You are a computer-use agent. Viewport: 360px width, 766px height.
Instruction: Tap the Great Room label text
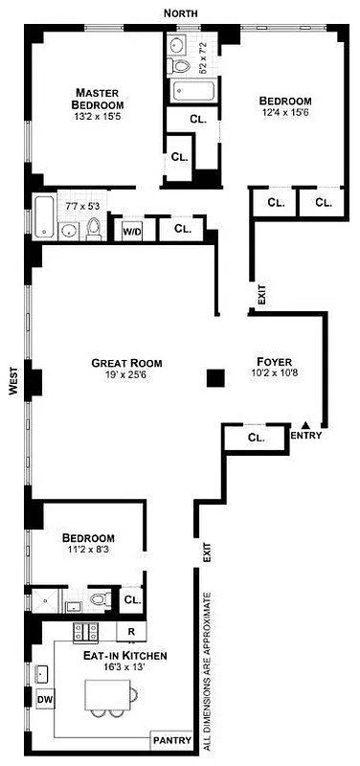126,363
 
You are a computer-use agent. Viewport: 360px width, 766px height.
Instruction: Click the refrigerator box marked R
130,632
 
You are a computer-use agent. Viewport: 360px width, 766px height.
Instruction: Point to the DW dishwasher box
44,700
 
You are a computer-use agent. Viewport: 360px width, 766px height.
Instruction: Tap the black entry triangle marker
305,424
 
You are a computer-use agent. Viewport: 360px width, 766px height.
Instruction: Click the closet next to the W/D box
182,230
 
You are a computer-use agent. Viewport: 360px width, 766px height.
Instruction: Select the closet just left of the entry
255,438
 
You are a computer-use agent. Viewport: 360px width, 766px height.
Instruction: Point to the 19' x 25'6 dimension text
126,377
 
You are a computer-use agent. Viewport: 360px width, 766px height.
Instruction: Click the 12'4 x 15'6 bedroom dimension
285,114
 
